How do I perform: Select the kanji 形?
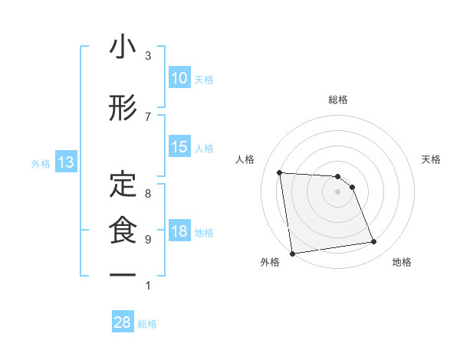click(x=123, y=109)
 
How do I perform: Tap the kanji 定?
click(x=123, y=183)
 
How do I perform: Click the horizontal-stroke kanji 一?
click(x=123, y=274)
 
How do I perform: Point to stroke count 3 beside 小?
click(x=148, y=56)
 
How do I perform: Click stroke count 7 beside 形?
click(x=148, y=116)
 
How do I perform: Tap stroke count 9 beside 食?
click(x=148, y=239)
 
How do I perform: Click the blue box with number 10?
click(x=179, y=78)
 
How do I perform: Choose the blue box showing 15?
click(x=179, y=147)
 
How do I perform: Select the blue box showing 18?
click(x=179, y=231)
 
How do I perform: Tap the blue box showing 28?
click(x=123, y=322)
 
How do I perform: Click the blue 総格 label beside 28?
click(x=147, y=323)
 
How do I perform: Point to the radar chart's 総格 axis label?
click(x=338, y=100)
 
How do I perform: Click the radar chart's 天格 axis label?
click(x=432, y=159)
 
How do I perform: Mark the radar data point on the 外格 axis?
click(x=291, y=253)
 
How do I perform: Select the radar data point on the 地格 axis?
click(x=374, y=242)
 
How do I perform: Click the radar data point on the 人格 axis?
click(x=280, y=172)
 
